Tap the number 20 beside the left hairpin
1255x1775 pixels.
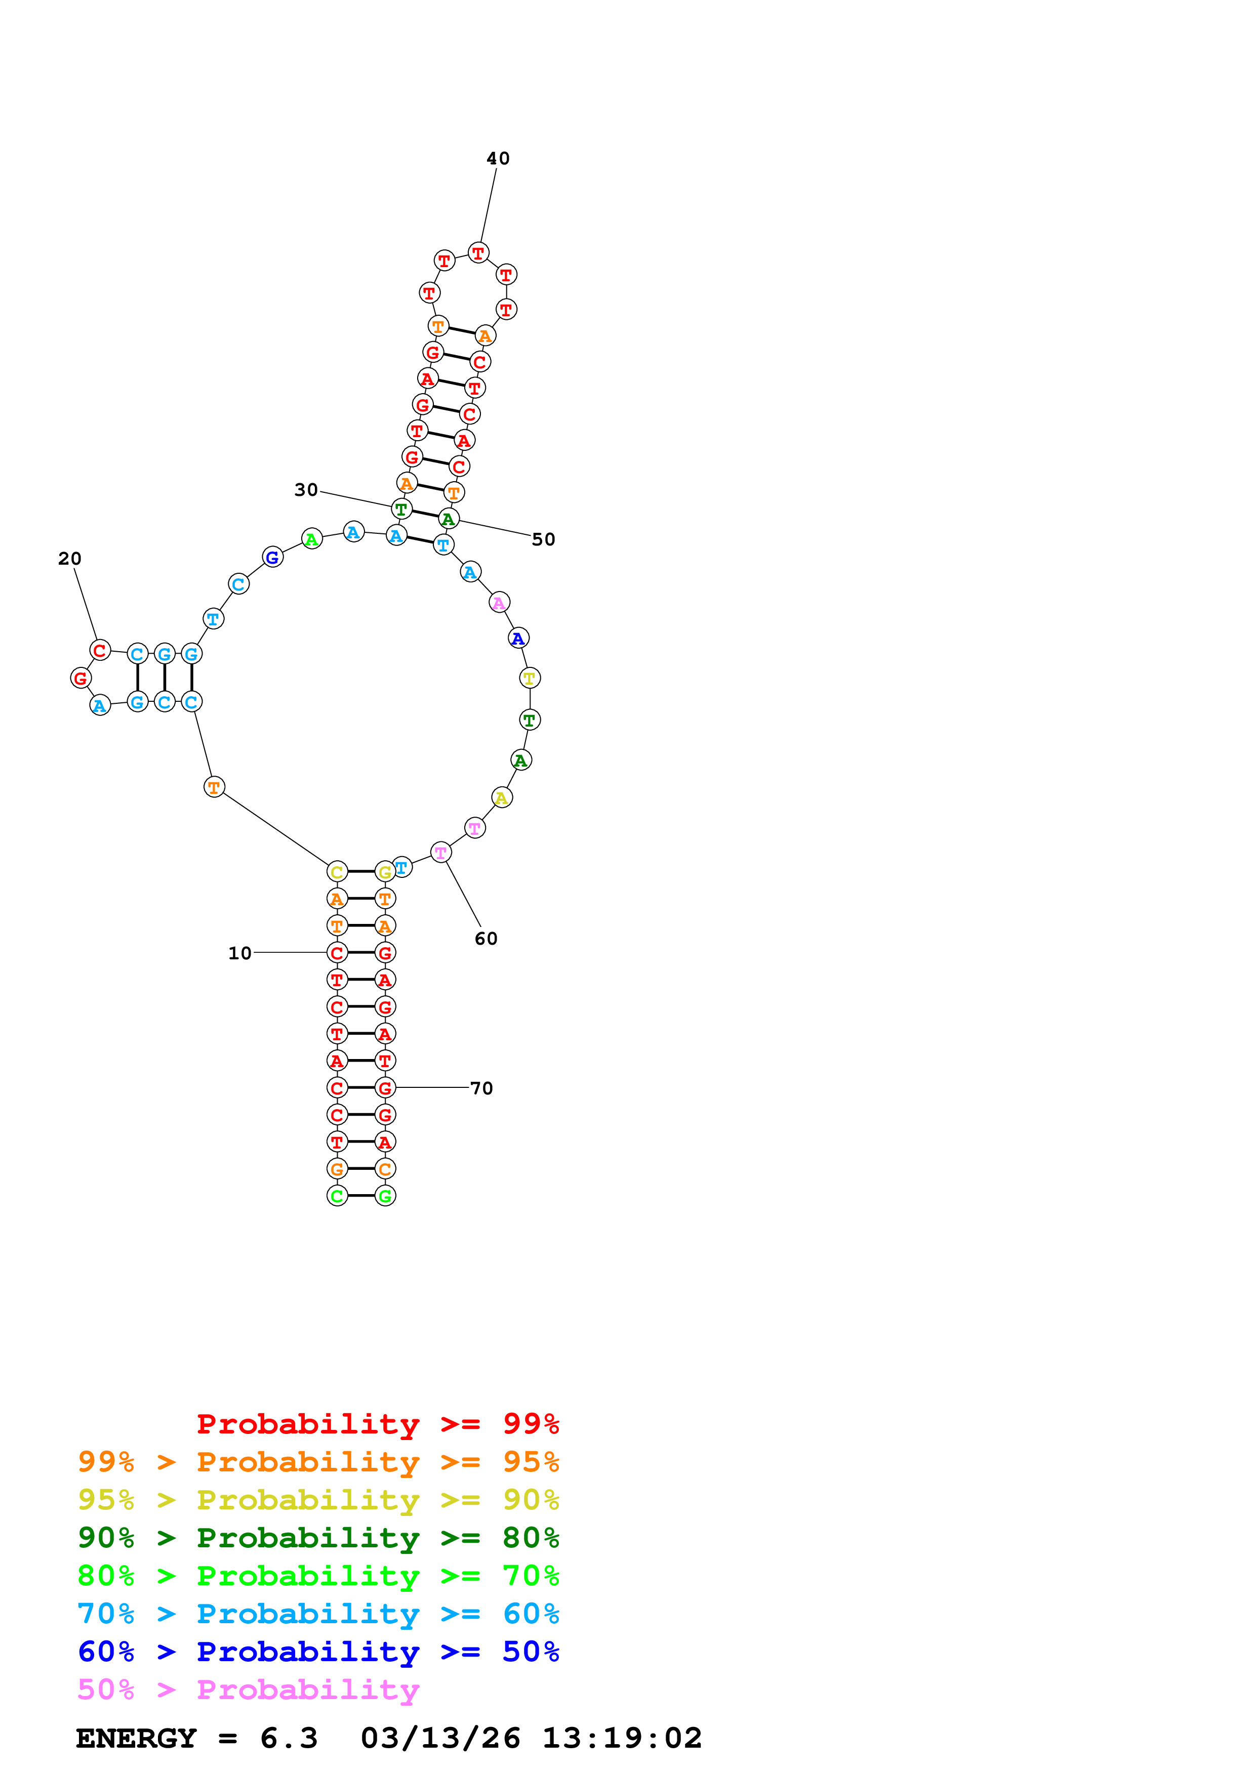69,558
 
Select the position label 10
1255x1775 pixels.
239,953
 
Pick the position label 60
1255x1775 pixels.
485,939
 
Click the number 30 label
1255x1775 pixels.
306,489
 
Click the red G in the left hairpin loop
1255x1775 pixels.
80,678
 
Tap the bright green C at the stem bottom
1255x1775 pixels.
337,1196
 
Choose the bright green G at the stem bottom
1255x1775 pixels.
385,1196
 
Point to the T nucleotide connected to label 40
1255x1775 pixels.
478,253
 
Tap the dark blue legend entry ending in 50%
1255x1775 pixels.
318,1652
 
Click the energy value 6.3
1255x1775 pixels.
289,1739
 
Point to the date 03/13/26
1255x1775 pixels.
440,1739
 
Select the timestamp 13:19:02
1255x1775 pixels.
622,1739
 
